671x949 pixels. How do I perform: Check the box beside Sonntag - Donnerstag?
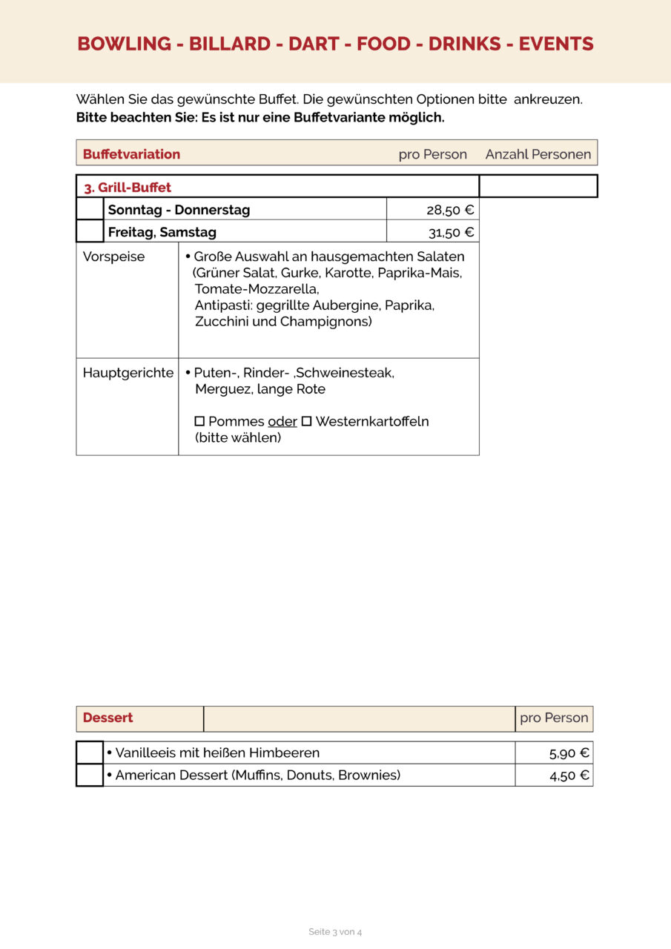tap(90, 209)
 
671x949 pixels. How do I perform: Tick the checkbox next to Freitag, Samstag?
tap(90, 231)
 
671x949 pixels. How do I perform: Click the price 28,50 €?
tap(450, 210)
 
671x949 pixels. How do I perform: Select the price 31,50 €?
tap(451, 232)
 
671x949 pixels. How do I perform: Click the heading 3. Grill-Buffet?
tap(128, 188)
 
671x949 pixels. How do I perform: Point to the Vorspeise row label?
tap(114, 257)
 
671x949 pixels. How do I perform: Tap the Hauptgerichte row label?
tap(128, 373)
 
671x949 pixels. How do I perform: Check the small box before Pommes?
tap(199, 421)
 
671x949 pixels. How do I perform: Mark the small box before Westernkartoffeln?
tap(306, 421)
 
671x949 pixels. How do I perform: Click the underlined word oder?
tap(282, 422)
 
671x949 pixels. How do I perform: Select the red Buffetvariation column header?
tap(131, 154)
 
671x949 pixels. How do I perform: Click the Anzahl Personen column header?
tap(538, 154)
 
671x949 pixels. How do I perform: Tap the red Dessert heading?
tap(108, 718)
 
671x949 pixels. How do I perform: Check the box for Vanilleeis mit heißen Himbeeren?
tap(90, 753)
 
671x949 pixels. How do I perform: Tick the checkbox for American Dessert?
tap(90, 775)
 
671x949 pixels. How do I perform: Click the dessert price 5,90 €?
tap(569, 753)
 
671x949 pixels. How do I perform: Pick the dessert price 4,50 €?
tap(569, 776)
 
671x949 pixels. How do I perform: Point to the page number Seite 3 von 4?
tap(335, 932)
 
